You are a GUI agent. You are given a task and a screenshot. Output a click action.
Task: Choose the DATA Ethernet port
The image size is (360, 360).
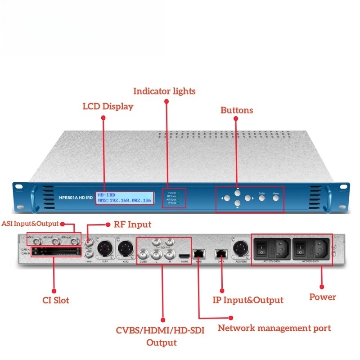pos(220,253)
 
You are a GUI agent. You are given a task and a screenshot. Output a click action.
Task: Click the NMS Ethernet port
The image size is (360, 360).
pos(198,253)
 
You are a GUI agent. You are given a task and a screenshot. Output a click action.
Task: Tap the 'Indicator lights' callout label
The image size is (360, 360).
pos(164,91)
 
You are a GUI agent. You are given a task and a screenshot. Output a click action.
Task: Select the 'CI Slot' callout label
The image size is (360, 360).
pos(54,300)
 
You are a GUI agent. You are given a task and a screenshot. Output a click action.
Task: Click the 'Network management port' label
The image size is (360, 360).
pos(274,328)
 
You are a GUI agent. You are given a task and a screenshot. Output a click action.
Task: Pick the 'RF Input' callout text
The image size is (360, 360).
pos(134,224)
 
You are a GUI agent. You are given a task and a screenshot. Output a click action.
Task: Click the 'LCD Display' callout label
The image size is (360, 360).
pos(108,107)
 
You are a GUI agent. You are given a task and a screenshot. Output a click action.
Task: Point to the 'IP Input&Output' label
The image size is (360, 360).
pos(247,300)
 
